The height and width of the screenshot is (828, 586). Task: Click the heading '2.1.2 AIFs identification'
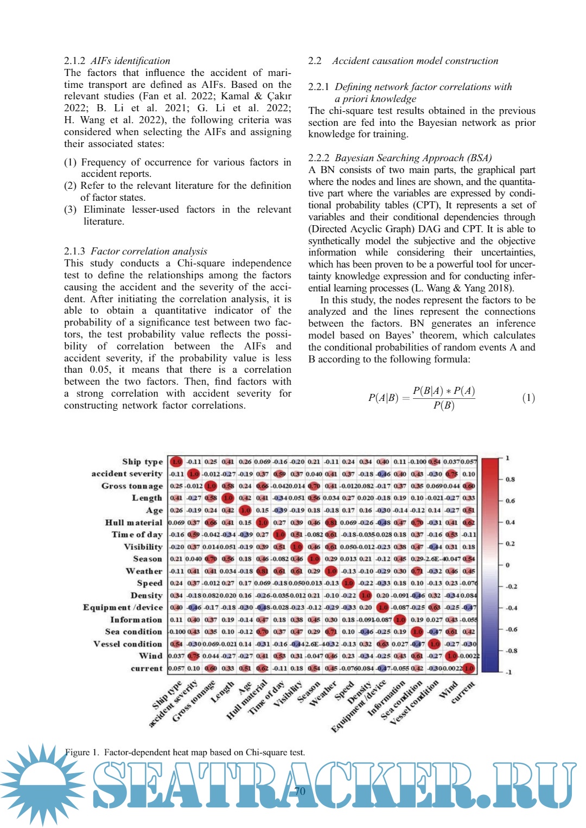click(117, 61)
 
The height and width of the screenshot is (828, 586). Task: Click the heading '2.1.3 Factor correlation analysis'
click(136, 251)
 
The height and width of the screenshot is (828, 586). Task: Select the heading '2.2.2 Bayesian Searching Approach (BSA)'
click(400, 158)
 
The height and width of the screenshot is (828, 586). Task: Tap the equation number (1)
click(528, 398)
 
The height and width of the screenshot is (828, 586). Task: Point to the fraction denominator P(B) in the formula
click(443, 405)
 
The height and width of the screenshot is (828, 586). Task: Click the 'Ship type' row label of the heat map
click(142, 462)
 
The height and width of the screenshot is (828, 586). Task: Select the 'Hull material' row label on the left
click(133, 523)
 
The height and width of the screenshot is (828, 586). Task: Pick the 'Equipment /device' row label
click(123, 608)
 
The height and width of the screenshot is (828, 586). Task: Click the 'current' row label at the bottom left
click(146, 668)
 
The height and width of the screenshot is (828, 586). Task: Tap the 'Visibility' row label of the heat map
click(143, 547)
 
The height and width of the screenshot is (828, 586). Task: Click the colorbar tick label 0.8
click(510, 480)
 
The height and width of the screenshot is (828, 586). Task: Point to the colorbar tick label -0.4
click(511, 608)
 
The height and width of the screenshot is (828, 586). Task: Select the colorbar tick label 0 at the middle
click(507, 565)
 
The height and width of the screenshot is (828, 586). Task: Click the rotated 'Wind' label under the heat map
click(448, 690)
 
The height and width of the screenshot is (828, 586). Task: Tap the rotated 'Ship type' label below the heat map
click(167, 695)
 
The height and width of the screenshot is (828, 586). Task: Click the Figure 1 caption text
click(185, 752)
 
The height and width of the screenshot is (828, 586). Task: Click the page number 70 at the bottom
click(300, 791)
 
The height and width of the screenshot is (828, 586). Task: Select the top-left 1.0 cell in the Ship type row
click(176, 462)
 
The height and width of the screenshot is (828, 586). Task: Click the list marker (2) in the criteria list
click(71, 186)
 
